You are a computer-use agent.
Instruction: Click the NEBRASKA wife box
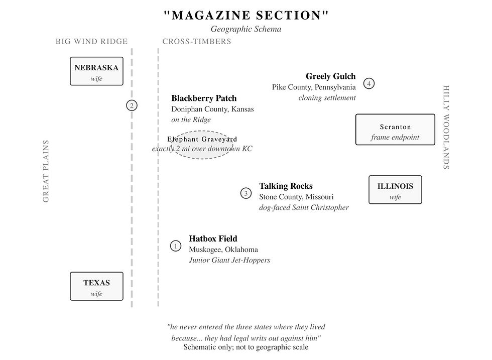[x=96, y=71]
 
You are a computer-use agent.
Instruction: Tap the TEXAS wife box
[x=96, y=286]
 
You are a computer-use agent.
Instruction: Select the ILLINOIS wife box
[x=395, y=190]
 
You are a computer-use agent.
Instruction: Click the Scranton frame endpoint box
[x=395, y=130]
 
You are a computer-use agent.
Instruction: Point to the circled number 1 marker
[x=176, y=246]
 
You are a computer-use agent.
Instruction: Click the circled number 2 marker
[x=132, y=105]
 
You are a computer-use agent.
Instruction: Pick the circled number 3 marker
[x=245, y=193]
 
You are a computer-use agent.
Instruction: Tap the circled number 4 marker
[x=369, y=83]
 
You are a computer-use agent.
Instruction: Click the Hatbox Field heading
[x=213, y=238]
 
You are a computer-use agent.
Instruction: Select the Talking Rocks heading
[x=286, y=186]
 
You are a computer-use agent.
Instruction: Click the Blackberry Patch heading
[x=204, y=98]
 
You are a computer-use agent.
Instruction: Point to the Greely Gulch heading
[x=330, y=76]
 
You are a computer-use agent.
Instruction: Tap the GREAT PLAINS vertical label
[x=46, y=171]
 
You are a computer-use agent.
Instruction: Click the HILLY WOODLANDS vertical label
[x=446, y=128]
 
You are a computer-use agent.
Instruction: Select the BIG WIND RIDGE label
[x=92, y=42]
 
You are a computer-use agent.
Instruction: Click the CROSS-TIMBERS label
[x=197, y=42]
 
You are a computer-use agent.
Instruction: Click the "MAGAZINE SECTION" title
[x=246, y=15]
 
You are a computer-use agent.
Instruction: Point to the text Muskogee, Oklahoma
[x=223, y=250]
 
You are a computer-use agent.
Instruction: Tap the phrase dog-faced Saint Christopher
[x=304, y=207]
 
